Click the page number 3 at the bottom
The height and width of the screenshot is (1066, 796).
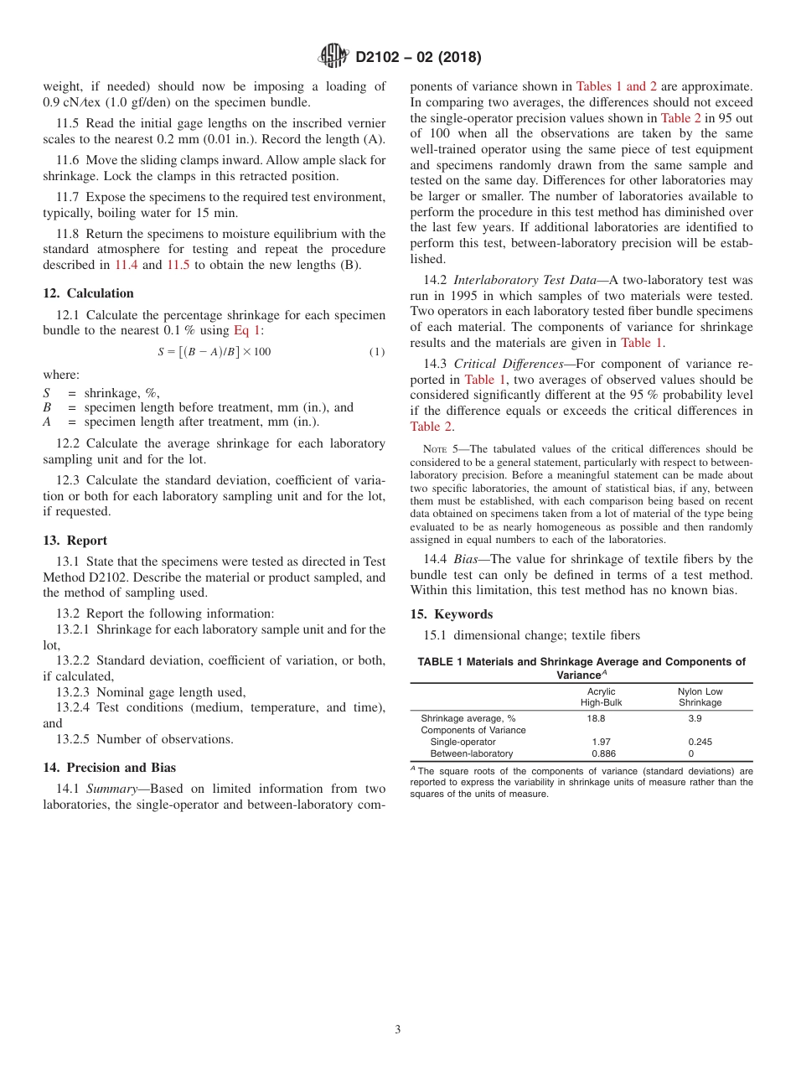[398, 1029]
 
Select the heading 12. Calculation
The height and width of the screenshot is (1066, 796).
[88, 292]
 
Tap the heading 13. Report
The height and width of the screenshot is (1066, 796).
[75, 541]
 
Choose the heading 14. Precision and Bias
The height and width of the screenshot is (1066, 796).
[109, 767]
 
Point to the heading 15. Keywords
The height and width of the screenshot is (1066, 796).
[451, 614]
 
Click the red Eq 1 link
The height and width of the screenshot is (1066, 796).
[247, 330]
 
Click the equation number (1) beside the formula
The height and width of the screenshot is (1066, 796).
[377, 352]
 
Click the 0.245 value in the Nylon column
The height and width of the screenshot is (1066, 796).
[700, 742]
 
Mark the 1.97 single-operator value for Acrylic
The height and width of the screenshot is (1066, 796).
[601, 742]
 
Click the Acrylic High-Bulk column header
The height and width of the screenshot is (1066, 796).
[601, 697]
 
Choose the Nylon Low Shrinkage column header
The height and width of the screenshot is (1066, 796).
[700, 697]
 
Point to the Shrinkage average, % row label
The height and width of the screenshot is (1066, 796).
[468, 718]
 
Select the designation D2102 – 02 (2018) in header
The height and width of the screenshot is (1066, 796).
[418, 58]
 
